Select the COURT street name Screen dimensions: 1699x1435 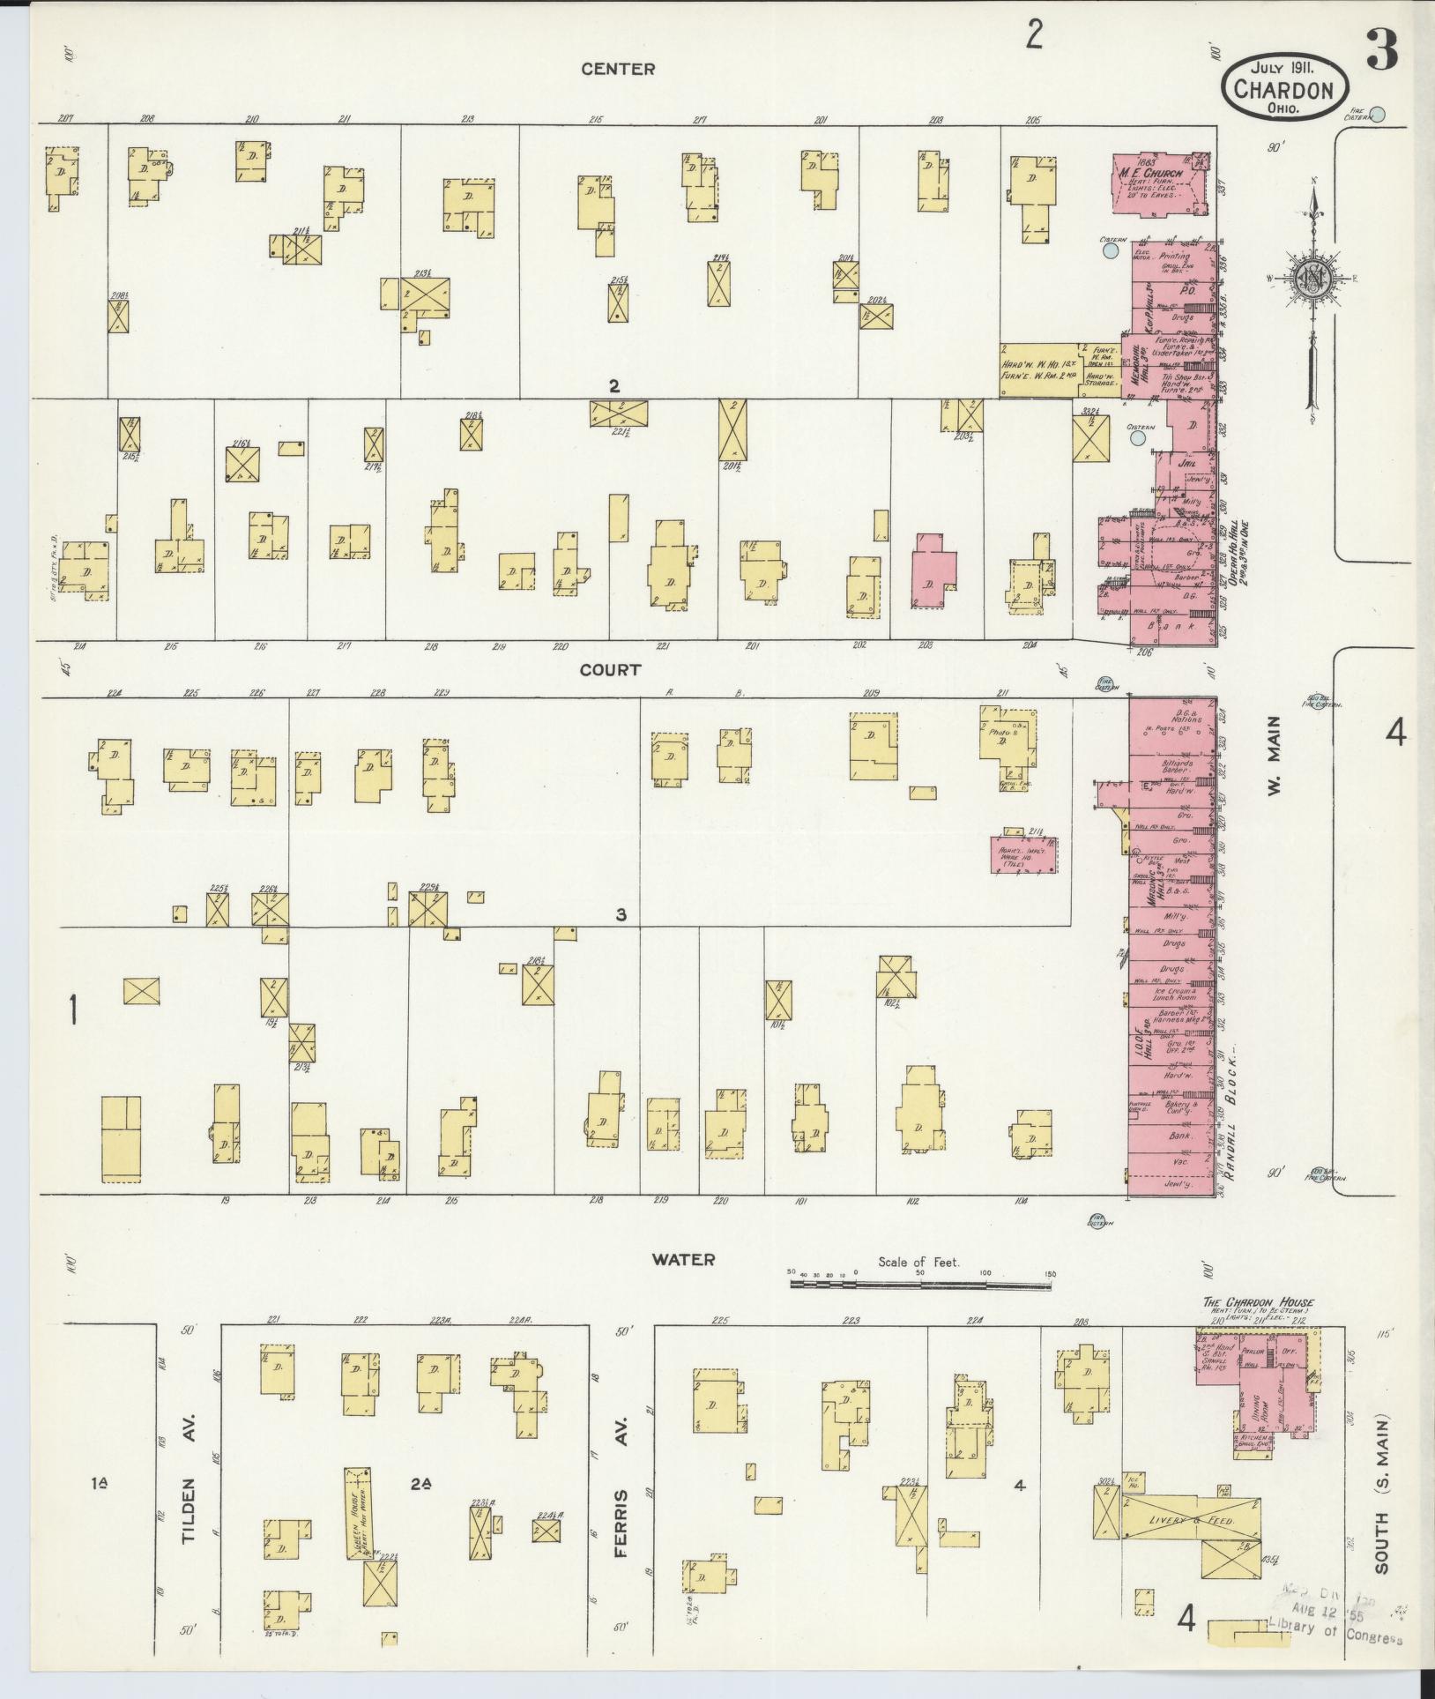pyautogui.click(x=610, y=670)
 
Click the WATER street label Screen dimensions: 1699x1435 pyautogui.click(x=683, y=1259)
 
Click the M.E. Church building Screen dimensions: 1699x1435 pyautogui.click(x=1163, y=184)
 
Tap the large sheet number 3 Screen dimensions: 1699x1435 pyautogui.click(x=1381, y=51)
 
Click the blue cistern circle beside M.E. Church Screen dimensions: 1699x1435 pyautogui.click(x=1111, y=251)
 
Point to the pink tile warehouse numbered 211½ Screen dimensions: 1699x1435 pyautogui.click(x=1025, y=856)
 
